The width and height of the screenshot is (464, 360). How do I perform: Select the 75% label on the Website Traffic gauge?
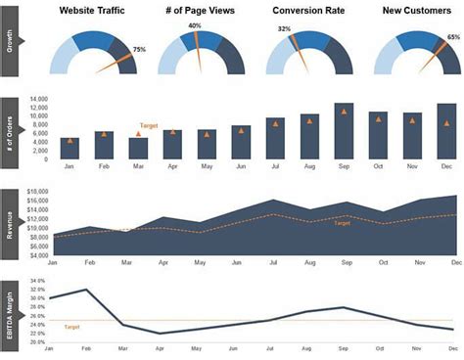139,49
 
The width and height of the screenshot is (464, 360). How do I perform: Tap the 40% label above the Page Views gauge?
195,25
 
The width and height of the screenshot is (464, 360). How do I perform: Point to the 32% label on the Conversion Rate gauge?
284,29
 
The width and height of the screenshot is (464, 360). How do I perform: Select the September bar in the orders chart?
344,131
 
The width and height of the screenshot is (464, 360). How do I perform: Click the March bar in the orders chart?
138,149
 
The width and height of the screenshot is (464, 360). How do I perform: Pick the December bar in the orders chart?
446,131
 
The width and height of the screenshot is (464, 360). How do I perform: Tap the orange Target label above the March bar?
149,125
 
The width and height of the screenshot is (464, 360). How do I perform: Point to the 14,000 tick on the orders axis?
39,100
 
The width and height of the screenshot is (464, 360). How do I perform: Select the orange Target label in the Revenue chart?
342,223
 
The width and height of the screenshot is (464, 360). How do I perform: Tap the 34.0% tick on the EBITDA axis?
38,281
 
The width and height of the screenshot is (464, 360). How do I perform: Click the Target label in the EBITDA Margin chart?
71,326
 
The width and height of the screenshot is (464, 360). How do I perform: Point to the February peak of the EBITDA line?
87,290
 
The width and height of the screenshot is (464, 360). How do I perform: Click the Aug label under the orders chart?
309,167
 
